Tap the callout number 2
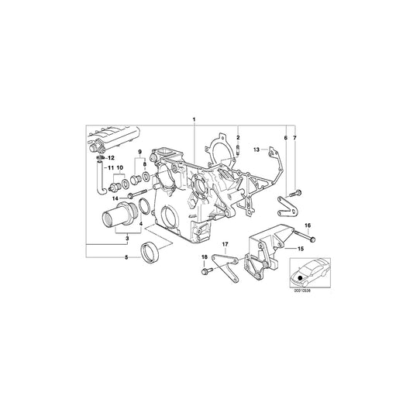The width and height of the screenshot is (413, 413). click(x=239, y=136)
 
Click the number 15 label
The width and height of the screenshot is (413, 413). click(x=301, y=248)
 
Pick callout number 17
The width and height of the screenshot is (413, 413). click(x=225, y=244)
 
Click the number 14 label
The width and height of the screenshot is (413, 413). click(x=114, y=198)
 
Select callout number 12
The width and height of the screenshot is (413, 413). click(x=111, y=158)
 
